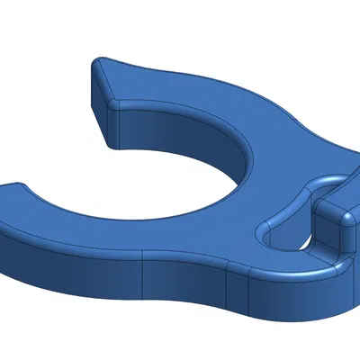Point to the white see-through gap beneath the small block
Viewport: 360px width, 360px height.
(x=305, y=244)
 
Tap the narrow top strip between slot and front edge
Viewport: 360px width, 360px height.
(x=288, y=261)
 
